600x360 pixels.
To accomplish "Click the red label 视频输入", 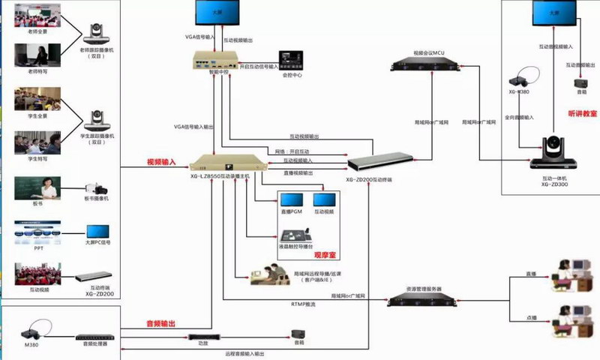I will (x=160, y=160).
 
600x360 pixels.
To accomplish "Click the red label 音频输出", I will (x=160, y=324).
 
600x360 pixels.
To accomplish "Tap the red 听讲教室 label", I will (x=583, y=113).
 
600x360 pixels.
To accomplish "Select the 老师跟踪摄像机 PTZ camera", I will (x=97, y=31).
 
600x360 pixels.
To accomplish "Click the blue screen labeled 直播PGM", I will (x=291, y=201).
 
